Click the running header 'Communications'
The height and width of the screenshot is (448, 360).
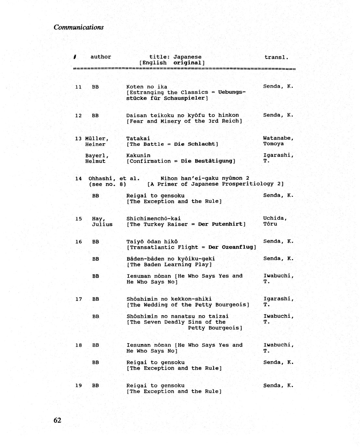[x=78, y=27]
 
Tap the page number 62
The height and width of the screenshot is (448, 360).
[x=57, y=420]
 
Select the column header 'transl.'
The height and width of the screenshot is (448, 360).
[x=276, y=57]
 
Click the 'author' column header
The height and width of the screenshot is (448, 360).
[x=101, y=57]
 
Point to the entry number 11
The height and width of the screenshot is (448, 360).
[x=78, y=87]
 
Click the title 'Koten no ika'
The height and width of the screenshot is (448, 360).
[x=147, y=87]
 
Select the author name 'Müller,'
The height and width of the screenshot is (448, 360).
[x=97, y=139]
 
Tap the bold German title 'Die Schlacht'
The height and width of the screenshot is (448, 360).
[x=196, y=144]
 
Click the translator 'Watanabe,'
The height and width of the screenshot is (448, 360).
[x=278, y=138]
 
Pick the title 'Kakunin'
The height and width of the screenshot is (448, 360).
[x=138, y=156]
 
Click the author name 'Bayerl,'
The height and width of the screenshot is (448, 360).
[x=97, y=156]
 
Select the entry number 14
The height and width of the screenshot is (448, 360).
[x=78, y=179]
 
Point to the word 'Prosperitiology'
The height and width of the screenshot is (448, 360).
[x=248, y=184]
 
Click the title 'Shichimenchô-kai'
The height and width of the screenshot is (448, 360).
[x=153, y=218]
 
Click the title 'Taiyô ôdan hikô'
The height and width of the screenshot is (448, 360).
[x=152, y=242]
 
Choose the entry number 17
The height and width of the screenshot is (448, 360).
[x=78, y=299]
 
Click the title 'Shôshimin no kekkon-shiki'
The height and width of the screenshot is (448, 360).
[x=169, y=299]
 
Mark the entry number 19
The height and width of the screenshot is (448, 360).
[x=78, y=386]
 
